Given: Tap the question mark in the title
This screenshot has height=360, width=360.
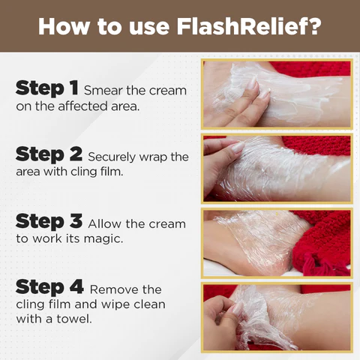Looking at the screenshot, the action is [x=314, y=25].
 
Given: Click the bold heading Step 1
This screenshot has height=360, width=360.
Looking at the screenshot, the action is [x=46, y=88].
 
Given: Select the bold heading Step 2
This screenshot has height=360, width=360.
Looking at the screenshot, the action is [x=49, y=154].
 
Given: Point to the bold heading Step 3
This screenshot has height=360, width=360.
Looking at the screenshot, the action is [x=49, y=221].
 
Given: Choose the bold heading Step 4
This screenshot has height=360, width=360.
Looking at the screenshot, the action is [x=49, y=287].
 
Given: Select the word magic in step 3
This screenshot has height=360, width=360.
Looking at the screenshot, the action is [x=103, y=239].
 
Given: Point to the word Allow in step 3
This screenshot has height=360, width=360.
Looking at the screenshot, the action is [x=105, y=223].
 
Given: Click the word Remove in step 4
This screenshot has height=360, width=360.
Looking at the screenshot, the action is [x=115, y=289].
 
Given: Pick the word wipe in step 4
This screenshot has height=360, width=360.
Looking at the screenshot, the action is [x=115, y=304].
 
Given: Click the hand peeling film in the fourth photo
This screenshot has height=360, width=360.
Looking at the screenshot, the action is [x=223, y=320].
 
